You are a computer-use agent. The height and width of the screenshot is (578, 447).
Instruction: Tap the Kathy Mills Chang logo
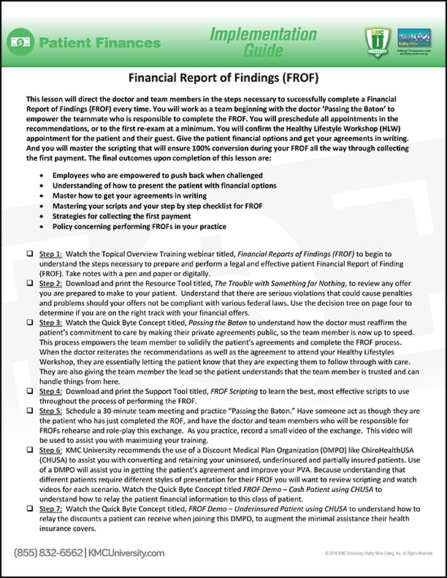[413, 39]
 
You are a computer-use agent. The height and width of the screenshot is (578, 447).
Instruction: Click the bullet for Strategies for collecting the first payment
[45, 217]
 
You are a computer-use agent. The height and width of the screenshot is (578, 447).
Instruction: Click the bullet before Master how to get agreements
[45, 196]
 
